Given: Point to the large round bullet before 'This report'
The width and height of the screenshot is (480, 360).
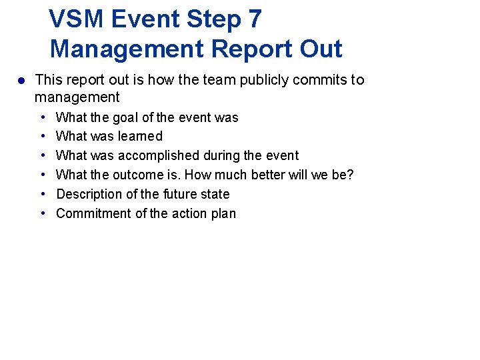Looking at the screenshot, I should coord(21,80).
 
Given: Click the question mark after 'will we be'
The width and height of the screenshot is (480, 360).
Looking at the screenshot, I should coord(350,175).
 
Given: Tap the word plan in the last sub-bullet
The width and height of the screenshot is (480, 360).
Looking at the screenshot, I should coord(223,213).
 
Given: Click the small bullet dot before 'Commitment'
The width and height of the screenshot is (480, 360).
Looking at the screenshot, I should coord(43,213).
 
